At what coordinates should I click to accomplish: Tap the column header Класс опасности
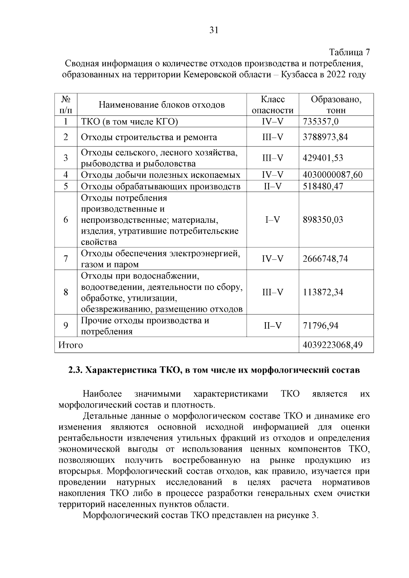click(272, 105)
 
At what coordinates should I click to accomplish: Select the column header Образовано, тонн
click(336, 105)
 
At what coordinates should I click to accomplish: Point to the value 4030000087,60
click(332, 175)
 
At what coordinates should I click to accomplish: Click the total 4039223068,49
click(332, 345)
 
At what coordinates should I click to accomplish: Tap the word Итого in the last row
click(71, 345)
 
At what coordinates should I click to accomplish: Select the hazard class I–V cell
click(272, 220)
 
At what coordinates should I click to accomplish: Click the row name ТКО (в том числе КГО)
click(130, 122)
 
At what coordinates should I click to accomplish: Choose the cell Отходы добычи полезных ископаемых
click(160, 175)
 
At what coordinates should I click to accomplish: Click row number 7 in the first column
click(66, 259)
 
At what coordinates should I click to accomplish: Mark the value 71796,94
click(320, 326)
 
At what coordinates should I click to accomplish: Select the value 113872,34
click(323, 292)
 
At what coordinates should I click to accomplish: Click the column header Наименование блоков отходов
click(162, 105)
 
